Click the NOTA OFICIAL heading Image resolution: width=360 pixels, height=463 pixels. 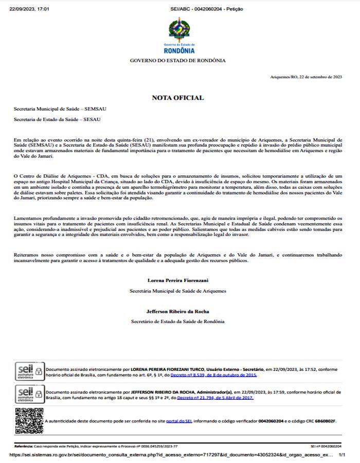177,98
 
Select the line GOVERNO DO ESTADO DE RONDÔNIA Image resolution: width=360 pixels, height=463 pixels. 177,61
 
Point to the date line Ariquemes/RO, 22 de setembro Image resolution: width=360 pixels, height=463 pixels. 306,77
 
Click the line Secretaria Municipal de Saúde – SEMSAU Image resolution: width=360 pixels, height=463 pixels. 60,109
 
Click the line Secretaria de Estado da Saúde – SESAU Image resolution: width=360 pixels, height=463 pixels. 57,119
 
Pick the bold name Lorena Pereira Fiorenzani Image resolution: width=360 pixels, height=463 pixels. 177,280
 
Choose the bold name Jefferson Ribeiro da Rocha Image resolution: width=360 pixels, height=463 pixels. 177,311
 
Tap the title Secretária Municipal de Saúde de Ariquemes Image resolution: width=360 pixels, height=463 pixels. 177,291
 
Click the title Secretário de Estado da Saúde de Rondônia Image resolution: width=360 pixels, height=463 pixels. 177,322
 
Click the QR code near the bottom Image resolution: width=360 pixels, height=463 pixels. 29,420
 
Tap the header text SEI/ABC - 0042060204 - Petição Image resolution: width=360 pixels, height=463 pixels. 199,9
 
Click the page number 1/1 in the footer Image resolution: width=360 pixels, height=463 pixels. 341,455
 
